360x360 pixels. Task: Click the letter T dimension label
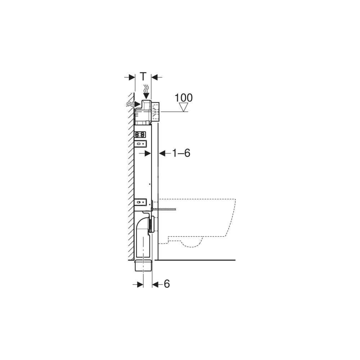pos(143,76)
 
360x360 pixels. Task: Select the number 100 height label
pos(184,98)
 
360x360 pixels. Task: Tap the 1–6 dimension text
pos(181,153)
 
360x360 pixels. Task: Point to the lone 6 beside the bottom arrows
pos(167,284)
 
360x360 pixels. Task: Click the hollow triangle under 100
pos(184,107)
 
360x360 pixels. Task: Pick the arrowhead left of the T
pos(132,77)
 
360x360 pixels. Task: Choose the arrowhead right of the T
pos(154,77)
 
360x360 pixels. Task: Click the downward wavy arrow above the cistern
pos(146,92)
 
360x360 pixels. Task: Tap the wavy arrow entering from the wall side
pos(133,104)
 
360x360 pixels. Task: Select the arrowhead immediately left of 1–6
pos(162,153)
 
